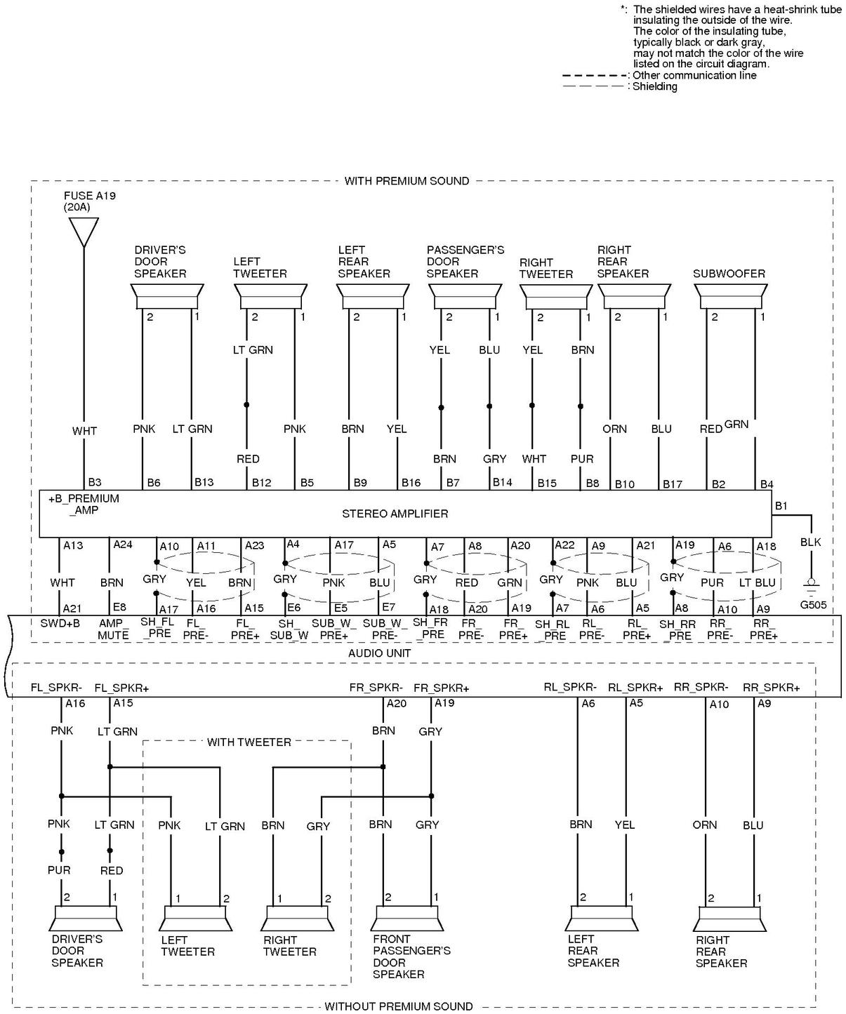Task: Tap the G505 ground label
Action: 813,604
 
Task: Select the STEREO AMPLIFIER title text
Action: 395,514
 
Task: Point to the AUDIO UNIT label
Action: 380,653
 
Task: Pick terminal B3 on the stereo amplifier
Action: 94,483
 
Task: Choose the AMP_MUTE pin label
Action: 113,629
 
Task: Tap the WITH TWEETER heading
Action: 249,742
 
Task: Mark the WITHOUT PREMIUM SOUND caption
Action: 398,1006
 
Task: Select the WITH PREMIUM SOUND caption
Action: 407,181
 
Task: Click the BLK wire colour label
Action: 810,542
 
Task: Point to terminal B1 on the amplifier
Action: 781,506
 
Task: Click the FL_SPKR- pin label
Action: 55,688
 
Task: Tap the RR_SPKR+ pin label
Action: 771,688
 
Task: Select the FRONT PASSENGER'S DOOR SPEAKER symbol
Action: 408,918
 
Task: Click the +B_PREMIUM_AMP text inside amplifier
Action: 84,505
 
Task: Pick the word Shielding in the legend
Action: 654,87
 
